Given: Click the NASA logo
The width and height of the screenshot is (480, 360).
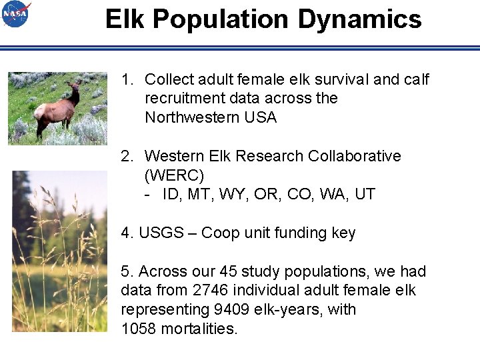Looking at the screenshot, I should point(16,14).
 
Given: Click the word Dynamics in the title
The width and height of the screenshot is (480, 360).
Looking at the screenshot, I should point(359,19).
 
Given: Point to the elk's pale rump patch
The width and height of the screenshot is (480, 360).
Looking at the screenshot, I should point(40,111).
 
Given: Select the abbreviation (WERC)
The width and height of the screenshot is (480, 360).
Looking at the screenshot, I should point(174,175).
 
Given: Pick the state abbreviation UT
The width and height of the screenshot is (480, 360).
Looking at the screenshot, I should point(365,195).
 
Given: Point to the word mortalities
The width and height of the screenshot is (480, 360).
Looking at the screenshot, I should point(199,329).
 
